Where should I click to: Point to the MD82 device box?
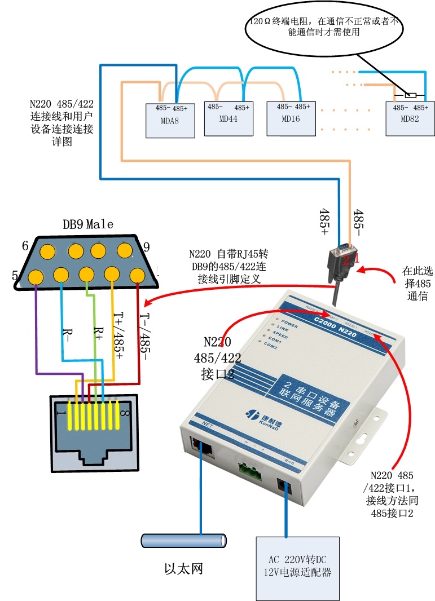410,119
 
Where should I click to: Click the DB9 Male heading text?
87,224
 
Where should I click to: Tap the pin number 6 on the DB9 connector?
25,246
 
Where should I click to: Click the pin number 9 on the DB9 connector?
147,246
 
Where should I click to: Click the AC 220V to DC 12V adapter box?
296,567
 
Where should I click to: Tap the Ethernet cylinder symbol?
184,541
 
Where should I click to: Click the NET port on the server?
201,447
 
